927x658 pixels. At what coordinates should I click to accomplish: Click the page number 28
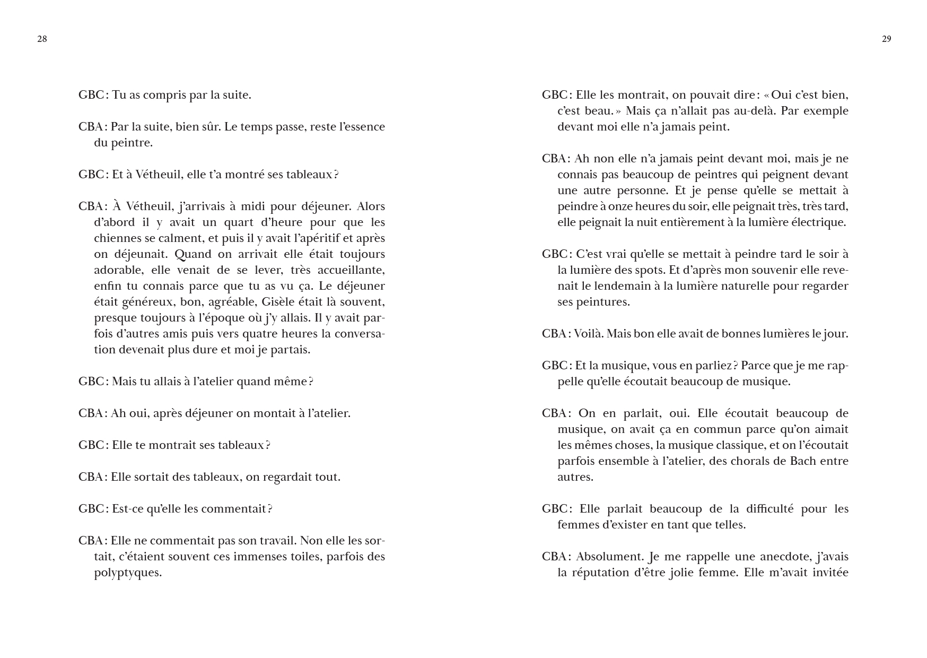click(42, 39)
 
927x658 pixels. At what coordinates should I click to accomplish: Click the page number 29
click(886, 39)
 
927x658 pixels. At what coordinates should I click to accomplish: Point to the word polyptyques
click(127, 573)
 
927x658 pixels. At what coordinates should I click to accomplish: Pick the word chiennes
click(117, 238)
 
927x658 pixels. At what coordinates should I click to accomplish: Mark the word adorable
click(118, 270)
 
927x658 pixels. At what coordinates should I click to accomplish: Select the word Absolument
click(610, 557)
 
